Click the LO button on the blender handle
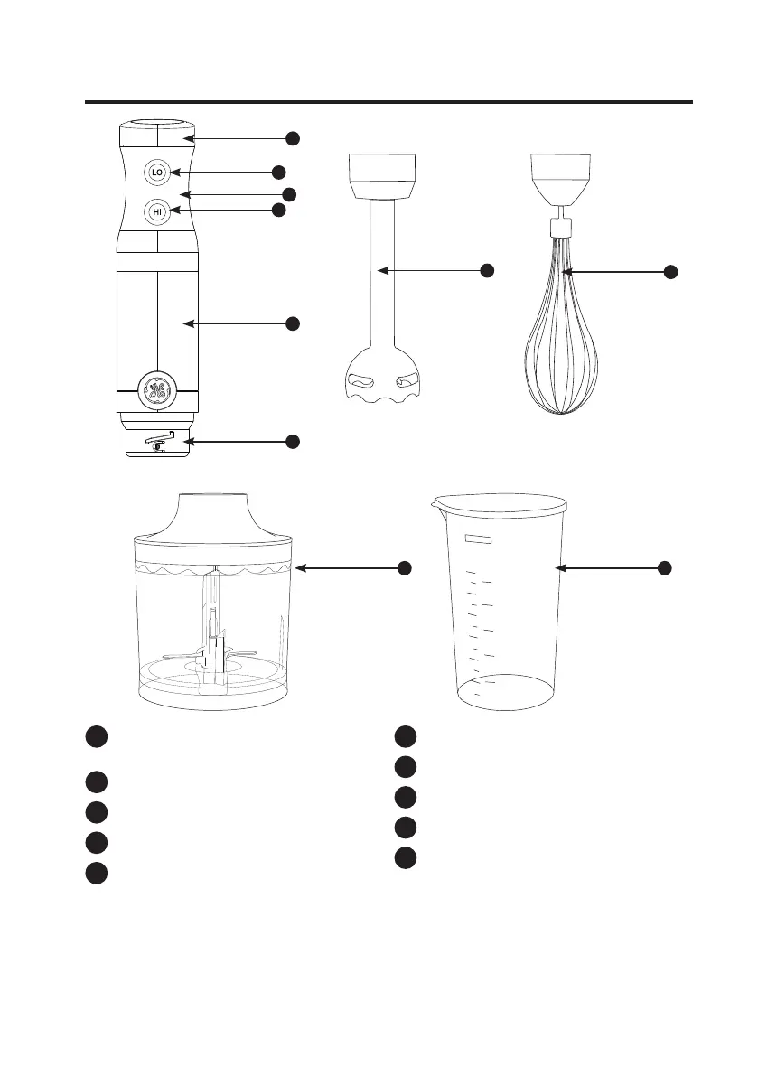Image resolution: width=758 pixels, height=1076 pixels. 157,173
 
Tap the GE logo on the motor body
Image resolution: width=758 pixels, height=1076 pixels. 157,391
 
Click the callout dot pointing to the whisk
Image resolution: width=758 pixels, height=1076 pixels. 671,272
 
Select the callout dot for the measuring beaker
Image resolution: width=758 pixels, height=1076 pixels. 664,567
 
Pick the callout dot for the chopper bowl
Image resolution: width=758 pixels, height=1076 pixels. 405,567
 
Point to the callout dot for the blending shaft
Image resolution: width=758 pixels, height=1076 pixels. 487,270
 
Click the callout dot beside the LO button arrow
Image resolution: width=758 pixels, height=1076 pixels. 278,172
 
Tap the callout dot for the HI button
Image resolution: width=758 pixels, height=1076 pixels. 278,210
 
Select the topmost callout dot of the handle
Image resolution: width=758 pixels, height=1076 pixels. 293,138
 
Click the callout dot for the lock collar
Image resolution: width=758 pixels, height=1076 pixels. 293,441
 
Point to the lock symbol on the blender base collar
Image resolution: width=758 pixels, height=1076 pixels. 161,441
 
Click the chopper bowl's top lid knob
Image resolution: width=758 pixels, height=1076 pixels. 214,513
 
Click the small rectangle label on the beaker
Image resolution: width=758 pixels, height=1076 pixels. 480,539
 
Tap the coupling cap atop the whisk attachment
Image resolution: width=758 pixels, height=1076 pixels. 561,176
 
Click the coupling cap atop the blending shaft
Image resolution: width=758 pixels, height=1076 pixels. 383,176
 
